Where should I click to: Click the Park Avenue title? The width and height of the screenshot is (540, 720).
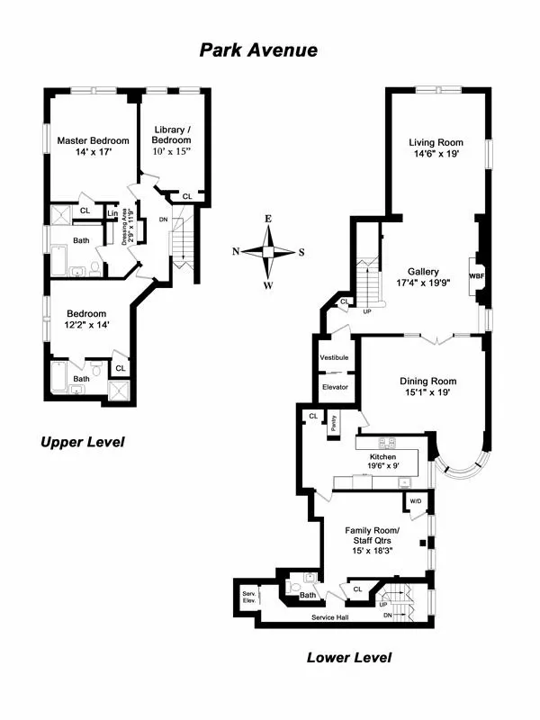coord(258,50)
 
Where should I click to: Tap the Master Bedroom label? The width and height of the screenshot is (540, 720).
coord(93,140)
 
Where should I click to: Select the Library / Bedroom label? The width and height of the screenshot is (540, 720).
coord(171,134)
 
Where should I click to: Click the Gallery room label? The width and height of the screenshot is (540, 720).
coord(423,271)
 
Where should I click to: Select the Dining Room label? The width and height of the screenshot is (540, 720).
coord(428,381)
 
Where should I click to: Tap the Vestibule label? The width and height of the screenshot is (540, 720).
coord(334,358)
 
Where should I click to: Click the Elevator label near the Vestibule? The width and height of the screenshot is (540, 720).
coord(334,387)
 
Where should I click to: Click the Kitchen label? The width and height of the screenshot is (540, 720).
coord(382,456)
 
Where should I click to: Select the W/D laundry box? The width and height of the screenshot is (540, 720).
coord(416,500)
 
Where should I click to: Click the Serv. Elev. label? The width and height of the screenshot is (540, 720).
coord(249,598)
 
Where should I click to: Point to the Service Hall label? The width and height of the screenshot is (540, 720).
coord(330,617)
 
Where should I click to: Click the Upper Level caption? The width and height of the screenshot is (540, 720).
coord(81,442)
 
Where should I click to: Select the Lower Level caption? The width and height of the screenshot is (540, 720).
coord(348,657)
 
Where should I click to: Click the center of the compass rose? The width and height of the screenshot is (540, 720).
coord(268,252)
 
